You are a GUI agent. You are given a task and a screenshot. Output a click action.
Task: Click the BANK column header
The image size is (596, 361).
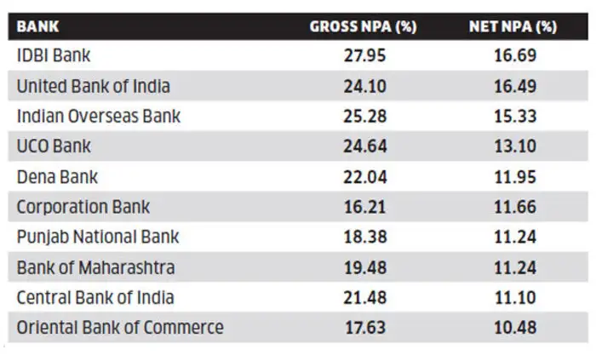(x=37, y=26)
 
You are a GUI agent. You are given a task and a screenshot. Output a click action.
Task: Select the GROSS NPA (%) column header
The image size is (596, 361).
(x=363, y=26)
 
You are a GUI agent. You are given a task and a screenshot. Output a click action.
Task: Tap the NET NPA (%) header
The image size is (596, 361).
(x=513, y=26)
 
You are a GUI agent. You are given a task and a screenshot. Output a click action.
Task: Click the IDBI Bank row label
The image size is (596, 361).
(x=54, y=55)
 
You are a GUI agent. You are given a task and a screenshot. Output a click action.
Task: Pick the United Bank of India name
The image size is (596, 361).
(x=93, y=86)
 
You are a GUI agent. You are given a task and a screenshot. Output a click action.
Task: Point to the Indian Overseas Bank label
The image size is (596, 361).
(x=99, y=116)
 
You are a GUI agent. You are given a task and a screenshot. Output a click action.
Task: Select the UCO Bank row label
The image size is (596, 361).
(x=54, y=146)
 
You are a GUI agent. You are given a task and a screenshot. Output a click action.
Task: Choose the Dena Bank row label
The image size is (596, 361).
(x=57, y=177)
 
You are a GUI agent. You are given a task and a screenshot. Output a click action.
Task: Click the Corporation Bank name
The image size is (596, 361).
(x=83, y=207)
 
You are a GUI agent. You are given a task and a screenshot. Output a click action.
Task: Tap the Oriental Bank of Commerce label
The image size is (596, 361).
(x=120, y=328)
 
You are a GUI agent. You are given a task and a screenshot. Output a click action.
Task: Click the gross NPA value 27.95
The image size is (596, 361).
(x=364, y=55)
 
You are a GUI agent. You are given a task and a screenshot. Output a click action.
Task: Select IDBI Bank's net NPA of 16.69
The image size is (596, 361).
(x=515, y=55)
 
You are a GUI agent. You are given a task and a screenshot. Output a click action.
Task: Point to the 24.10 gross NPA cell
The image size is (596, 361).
(x=365, y=86)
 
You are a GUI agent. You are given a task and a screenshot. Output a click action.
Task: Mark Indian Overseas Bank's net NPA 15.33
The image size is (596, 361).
(x=515, y=117)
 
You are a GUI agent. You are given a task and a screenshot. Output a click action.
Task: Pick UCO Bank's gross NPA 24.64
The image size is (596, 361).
(x=365, y=146)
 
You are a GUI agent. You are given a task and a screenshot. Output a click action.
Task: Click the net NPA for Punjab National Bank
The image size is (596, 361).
(x=515, y=238)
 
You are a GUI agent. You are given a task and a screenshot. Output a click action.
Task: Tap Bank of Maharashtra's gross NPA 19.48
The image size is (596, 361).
(x=365, y=267)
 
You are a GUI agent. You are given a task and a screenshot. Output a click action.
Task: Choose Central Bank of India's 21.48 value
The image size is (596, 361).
(x=365, y=297)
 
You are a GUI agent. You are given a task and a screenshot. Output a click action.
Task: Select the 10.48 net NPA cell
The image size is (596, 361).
(x=515, y=328)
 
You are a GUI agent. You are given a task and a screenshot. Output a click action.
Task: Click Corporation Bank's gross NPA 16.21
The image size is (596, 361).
(x=364, y=207)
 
